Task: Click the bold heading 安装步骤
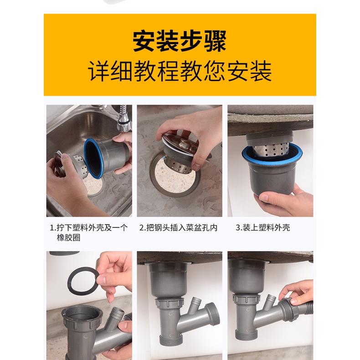[180, 41]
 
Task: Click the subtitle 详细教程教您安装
[180, 71]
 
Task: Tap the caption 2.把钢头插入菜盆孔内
[178, 227]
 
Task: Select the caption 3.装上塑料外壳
[263, 227]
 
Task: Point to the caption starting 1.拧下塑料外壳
[88, 232]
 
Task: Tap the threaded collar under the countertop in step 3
[269, 140]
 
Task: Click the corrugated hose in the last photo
[305, 309]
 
